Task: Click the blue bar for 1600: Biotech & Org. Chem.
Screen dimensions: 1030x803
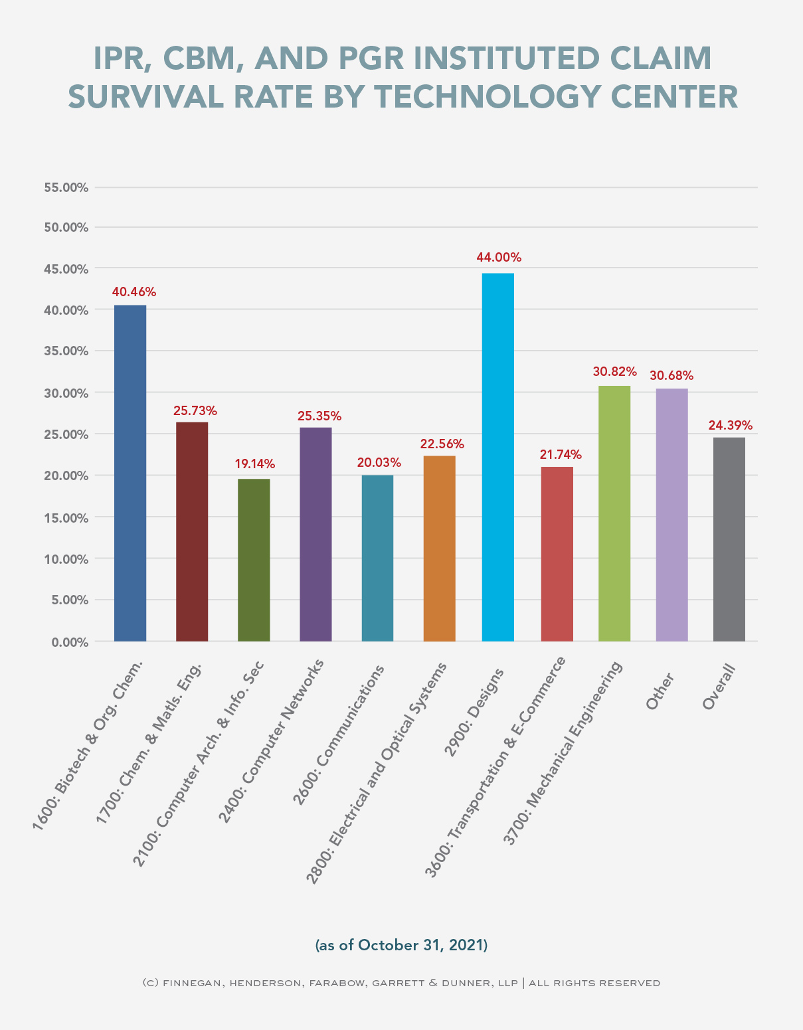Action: (x=130, y=473)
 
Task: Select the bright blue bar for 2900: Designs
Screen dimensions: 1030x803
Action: (x=497, y=457)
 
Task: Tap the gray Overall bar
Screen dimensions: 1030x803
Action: (x=729, y=539)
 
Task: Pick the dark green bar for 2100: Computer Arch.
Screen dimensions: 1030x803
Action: (x=254, y=560)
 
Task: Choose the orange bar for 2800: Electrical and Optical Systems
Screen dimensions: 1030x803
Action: (x=439, y=548)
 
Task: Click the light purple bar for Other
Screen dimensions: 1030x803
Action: (x=671, y=515)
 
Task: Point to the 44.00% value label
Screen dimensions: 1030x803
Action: (x=498, y=258)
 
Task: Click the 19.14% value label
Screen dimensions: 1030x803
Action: (x=254, y=464)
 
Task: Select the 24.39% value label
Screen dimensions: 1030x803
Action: (x=729, y=425)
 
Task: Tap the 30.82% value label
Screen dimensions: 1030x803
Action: (x=614, y=372)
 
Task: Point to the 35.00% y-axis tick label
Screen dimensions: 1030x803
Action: (x=66, y=351)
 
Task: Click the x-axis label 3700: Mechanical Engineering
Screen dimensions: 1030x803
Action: (x=563, y=753)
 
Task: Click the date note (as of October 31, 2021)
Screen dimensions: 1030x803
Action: (x=401, y=945)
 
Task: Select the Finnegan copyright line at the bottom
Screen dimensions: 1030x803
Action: (x=401, y=983)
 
